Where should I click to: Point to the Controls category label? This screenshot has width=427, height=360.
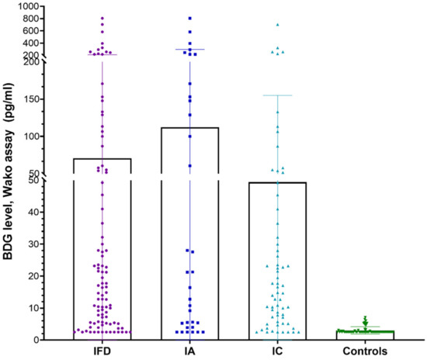click(365, 351)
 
